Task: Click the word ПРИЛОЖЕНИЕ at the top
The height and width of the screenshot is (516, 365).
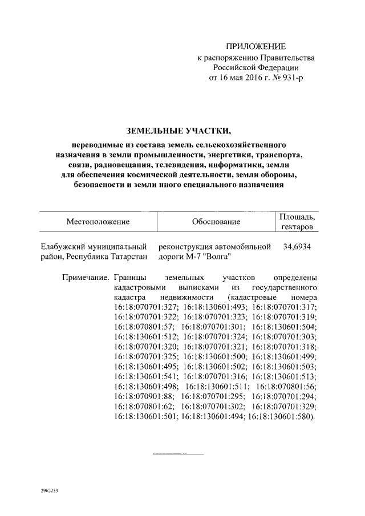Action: tap(255, 46)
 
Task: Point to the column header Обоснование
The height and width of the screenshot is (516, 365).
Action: tap(216, 221)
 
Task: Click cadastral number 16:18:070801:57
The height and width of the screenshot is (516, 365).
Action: tap(144, 329)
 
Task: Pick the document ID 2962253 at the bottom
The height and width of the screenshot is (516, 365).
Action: tap(50, 491)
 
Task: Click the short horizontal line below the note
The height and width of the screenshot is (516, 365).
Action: tap(177, 454)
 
